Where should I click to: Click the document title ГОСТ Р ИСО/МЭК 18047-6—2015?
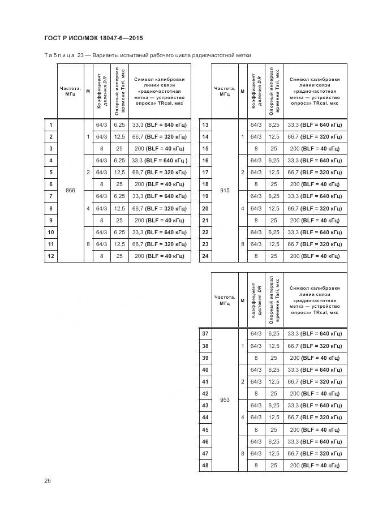point(93,38)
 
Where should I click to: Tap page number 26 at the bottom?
point(47,480)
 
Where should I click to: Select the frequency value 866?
point(70,191)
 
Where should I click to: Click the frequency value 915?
point(225,191)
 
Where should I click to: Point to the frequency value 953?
point(225,400)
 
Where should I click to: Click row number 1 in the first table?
point(51,125)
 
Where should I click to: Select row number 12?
point(51,256)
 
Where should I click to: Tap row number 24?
point(205,256)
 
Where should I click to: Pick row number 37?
point(205,334)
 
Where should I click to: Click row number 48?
point(205,466)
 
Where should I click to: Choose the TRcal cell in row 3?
point(160,148)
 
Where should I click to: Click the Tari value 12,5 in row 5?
point(119,173)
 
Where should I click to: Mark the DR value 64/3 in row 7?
point(101,196)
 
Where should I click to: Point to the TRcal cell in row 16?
point(315,161)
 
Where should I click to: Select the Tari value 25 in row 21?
point(274,220)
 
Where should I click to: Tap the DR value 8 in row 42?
point(256,394)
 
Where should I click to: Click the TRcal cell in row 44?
point(315,418)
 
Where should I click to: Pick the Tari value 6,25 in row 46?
point(274,442)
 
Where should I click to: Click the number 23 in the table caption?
point(80,55)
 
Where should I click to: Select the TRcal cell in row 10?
point(160,233)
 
